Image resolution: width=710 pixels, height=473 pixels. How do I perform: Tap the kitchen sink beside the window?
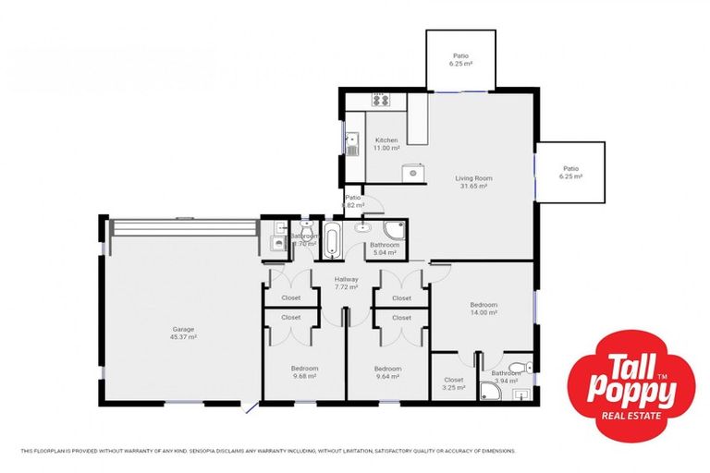pos(352,143)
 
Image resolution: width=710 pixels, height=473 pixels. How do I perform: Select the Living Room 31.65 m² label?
pos(472,182)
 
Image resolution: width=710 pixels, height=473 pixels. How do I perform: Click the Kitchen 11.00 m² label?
pos(386,144)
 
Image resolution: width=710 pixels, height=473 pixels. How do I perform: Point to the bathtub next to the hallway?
pos(331,241)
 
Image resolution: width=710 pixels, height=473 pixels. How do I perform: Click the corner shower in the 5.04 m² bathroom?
pos(395,231)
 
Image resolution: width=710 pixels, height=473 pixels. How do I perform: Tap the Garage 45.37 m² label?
pos(183,333)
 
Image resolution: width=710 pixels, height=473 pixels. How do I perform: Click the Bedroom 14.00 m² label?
pos(483,309)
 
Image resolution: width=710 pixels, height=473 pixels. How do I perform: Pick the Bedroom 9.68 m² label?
pos(304,371)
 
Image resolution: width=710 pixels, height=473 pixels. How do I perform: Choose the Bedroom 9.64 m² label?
pos(387,371)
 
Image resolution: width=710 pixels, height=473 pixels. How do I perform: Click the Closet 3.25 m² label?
pos(453,383)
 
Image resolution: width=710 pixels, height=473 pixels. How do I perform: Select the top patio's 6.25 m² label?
pos(460,60)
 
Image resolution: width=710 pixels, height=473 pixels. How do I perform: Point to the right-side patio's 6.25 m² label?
pos(570,172)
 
